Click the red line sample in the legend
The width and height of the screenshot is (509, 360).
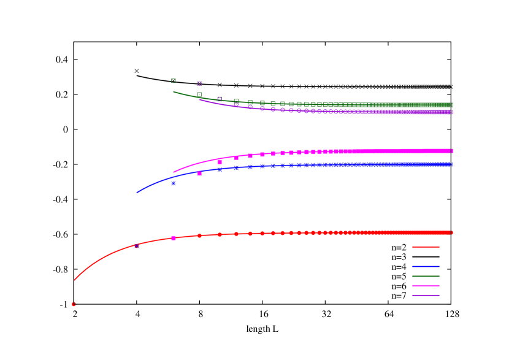click(x=426, y=247)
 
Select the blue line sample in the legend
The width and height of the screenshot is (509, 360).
click(x=426, y=266)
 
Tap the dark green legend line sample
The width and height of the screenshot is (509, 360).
click(x=426, y=276)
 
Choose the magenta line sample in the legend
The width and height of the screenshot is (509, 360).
click(x=426, y=285)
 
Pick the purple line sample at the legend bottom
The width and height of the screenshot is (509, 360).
click(x=426, y=295)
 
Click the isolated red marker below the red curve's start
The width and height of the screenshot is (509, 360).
click(x=74, y=304)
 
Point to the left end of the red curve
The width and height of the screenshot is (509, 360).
click(x=75, y=280)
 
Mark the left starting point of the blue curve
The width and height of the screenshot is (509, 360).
click(x=137, y=193)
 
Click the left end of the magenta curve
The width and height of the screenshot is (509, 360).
click(x=174, y=172)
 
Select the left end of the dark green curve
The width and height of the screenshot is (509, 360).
click(x=174, y=92)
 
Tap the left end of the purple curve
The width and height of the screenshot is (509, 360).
click(x=200, y=99)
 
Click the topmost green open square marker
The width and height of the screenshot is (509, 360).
click(x=174, y=80)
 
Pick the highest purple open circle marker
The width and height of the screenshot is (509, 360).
click(x=199, y=83)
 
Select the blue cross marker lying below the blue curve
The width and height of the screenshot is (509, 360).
click(x=174, y=183)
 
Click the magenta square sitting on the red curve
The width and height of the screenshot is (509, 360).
click(x=174, y=238)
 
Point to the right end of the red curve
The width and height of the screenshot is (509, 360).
click(x=452, y=232)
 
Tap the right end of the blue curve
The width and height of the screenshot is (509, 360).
click(x=452, y=164)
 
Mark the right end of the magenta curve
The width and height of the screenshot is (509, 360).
click(x=452, y=150)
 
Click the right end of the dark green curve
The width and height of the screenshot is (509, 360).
click(x=452, y=104)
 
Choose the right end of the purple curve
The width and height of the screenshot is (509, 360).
click(x=452, y=112)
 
